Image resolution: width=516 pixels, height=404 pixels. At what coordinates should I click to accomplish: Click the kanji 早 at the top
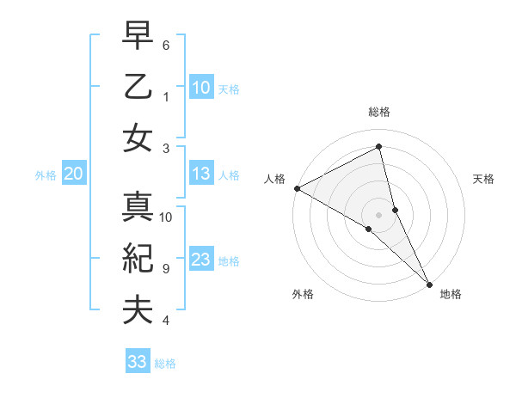(x=138, y=37)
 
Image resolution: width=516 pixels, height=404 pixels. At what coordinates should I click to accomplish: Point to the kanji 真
(x=138, y=209)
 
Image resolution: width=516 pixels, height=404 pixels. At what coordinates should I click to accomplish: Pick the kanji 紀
(x=138, y=260)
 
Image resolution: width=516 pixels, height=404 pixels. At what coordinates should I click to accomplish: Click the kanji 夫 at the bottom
(x=138, y=310)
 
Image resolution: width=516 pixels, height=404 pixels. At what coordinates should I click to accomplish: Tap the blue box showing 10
(x=200, y=88)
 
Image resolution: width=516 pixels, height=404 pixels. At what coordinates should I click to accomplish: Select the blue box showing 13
(x=200, y=174)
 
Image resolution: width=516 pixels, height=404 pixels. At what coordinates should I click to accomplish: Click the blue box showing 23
(x=200, y=260)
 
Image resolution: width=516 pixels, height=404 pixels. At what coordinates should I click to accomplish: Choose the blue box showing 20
(x=73, y=174)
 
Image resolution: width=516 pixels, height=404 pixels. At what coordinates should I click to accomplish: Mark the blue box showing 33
(x=138, y=362)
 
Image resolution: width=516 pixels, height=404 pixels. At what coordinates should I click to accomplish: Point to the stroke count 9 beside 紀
(x=165, y=268)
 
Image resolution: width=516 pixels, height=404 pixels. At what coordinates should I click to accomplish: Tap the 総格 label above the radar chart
(x=379, y=112)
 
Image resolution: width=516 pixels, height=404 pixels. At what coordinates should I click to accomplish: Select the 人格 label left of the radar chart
(x=274, y=179)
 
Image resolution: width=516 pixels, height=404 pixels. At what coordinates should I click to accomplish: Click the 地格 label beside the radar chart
(x=451, y=294)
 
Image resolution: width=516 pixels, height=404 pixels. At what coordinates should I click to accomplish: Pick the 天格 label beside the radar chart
(x=484, y=179)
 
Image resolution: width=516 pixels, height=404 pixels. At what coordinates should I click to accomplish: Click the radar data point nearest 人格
(x=297, y=188)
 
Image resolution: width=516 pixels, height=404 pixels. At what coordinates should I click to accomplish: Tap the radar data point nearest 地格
(x=429, y=284)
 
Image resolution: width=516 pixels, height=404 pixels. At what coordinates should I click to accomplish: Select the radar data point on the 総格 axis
(x=379, y=146)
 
